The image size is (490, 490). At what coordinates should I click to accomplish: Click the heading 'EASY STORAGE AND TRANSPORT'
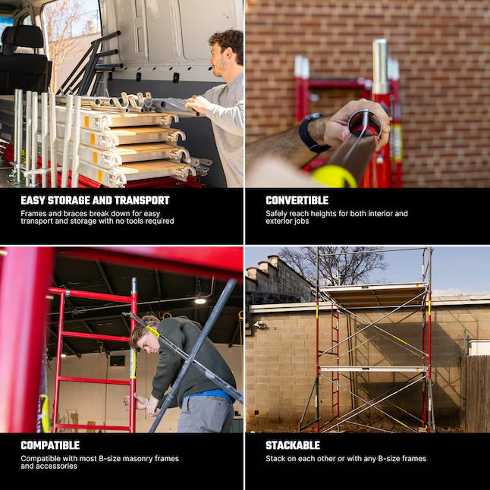95,200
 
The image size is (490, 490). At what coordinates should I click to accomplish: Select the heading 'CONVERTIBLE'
297,200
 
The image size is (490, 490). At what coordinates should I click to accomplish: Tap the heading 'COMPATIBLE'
50,445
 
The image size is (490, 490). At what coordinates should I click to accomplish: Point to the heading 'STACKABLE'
293,445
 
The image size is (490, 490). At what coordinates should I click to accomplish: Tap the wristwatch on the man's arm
312,133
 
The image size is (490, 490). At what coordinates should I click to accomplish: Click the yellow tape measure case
335,176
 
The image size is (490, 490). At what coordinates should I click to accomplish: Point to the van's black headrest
22,37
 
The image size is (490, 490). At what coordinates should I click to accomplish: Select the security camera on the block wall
259,325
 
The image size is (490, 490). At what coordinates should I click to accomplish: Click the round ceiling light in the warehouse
200,301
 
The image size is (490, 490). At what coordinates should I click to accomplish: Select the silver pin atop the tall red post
380,66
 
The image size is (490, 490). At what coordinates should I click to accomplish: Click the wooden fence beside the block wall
475,394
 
